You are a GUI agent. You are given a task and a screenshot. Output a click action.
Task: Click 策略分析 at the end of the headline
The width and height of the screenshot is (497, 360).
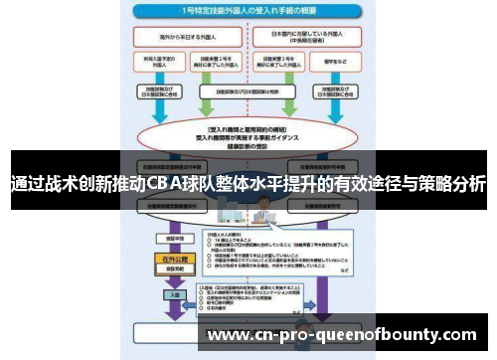pos(456,185)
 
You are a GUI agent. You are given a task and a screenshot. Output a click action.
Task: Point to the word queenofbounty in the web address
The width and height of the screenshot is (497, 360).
pos(379,334)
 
